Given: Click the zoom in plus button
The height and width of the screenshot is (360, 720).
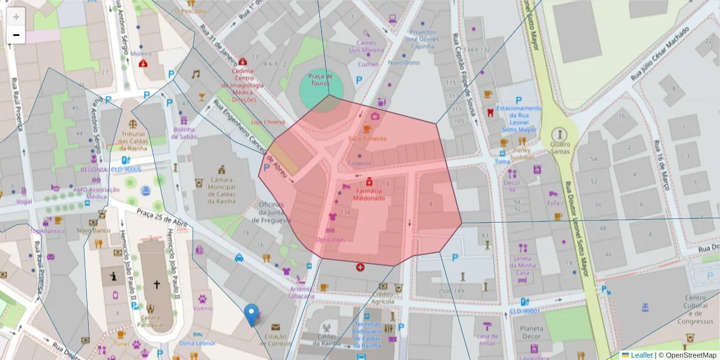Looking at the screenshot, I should coord(16,16).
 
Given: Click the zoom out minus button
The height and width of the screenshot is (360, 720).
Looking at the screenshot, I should coord(16,35).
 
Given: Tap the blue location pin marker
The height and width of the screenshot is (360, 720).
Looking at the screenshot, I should coord(251,314).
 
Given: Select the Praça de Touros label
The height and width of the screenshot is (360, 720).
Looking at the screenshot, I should coord(320,80).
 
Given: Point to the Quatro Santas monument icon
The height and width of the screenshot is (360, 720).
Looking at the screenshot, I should coord(560,134).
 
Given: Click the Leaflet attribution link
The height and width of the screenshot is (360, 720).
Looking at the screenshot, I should coord(641,355).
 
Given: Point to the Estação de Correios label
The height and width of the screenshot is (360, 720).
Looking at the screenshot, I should coord(275,340).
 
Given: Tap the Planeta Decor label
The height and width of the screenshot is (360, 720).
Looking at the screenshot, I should coord(532,332).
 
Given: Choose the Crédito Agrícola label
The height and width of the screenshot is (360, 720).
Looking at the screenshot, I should coord(386,298).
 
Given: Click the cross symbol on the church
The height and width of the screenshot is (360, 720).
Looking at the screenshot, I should coord(157,285).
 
